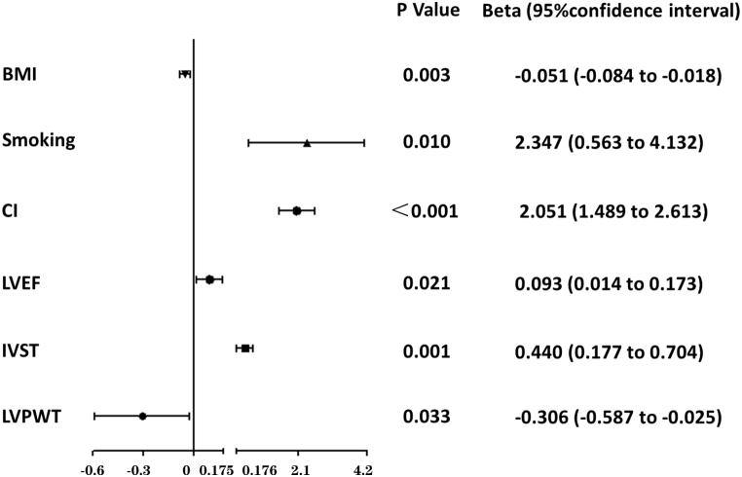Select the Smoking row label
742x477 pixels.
(x=40, y=141)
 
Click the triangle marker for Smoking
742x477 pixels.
(x=307, y=143)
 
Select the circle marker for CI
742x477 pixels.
(x=297, y=210)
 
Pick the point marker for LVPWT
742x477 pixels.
(x=142, y=416)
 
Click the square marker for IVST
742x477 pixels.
(x=245, y=348)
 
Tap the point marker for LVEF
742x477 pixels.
(x=209, y=279)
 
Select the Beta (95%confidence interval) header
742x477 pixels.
(x=612, y=12)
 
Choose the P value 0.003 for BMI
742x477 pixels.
(x=427, y=75)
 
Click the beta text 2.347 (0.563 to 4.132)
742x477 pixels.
(x=616, y=143)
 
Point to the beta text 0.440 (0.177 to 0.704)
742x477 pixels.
(x=616, y=349)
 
